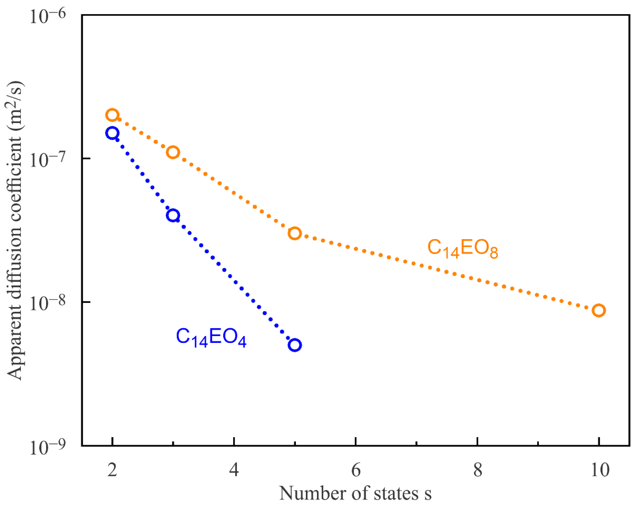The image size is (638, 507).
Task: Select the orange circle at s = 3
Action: point(173,152)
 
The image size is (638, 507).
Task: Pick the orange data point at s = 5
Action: point(295,233)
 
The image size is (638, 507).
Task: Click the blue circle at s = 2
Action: point(112,133)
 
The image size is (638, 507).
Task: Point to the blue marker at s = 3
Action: point(173,215)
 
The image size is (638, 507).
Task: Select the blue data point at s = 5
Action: point(295,345)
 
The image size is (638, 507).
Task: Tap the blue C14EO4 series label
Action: point(211,337)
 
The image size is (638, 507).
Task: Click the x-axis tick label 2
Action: point(112,470)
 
